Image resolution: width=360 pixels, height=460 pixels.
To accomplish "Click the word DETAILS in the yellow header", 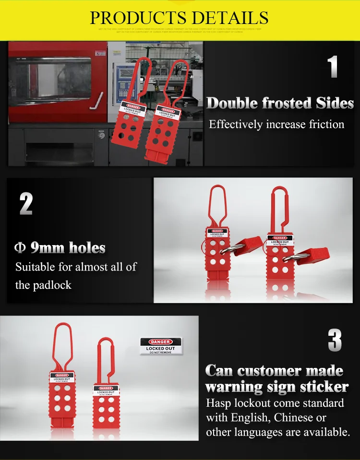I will pyautogui.click(x=231, y=18).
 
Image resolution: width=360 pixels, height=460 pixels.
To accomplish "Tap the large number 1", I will pyautogui.click(x=333, y=67).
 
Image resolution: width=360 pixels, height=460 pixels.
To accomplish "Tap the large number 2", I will pyautogui.click(x=26, y=203).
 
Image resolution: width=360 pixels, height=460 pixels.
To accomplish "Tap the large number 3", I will pyautogui.click(x=335, y=341).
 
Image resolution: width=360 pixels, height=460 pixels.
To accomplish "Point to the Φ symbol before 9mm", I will pyautogui.click(x=20, y=248).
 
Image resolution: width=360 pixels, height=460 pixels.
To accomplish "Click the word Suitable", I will pyautogui.click(x=35, y=267).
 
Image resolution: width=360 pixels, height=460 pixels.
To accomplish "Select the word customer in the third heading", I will pyautogui.click(x=266, y=371).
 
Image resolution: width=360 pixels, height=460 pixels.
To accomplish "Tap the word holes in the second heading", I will pyautogui.click(x=87, y=248).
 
